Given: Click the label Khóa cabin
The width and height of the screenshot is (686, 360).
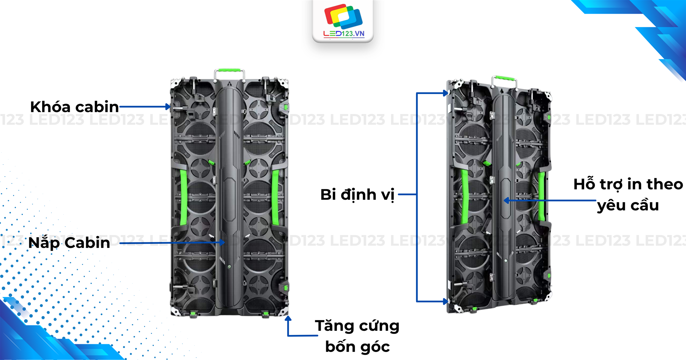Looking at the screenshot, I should click(x=74, y=107).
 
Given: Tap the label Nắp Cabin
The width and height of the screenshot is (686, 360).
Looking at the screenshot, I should click(x=69, y=243).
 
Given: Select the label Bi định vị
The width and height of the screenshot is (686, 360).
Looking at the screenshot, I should click(x=357, y=195).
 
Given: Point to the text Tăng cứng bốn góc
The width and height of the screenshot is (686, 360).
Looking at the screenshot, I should click(x=357, y=336).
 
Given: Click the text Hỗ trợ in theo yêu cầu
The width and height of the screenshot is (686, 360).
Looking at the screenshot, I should click(x=628, y=194).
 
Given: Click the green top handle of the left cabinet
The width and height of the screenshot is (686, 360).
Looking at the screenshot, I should click(x=229, y=70).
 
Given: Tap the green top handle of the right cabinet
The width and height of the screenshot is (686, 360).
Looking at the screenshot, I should click(x=504, y=78).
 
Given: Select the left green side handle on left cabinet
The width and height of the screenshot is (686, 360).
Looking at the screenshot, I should click(x=184, y=197).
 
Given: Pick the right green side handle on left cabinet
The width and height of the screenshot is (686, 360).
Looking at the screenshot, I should click(x=275, y=197).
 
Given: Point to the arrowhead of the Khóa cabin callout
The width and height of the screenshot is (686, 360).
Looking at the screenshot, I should click(x=168, y=107).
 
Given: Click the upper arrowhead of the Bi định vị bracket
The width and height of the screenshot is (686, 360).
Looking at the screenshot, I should click(x=446, y=93).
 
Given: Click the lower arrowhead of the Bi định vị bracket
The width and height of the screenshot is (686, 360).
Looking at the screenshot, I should click(x=446, y=302).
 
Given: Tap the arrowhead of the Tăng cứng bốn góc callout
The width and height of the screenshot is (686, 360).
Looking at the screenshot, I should click(x=288, y=319).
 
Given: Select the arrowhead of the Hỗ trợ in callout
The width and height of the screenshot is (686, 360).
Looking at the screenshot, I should click(x=506, y=201).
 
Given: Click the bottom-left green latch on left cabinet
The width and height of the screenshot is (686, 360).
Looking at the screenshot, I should click(x=193, y=313).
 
